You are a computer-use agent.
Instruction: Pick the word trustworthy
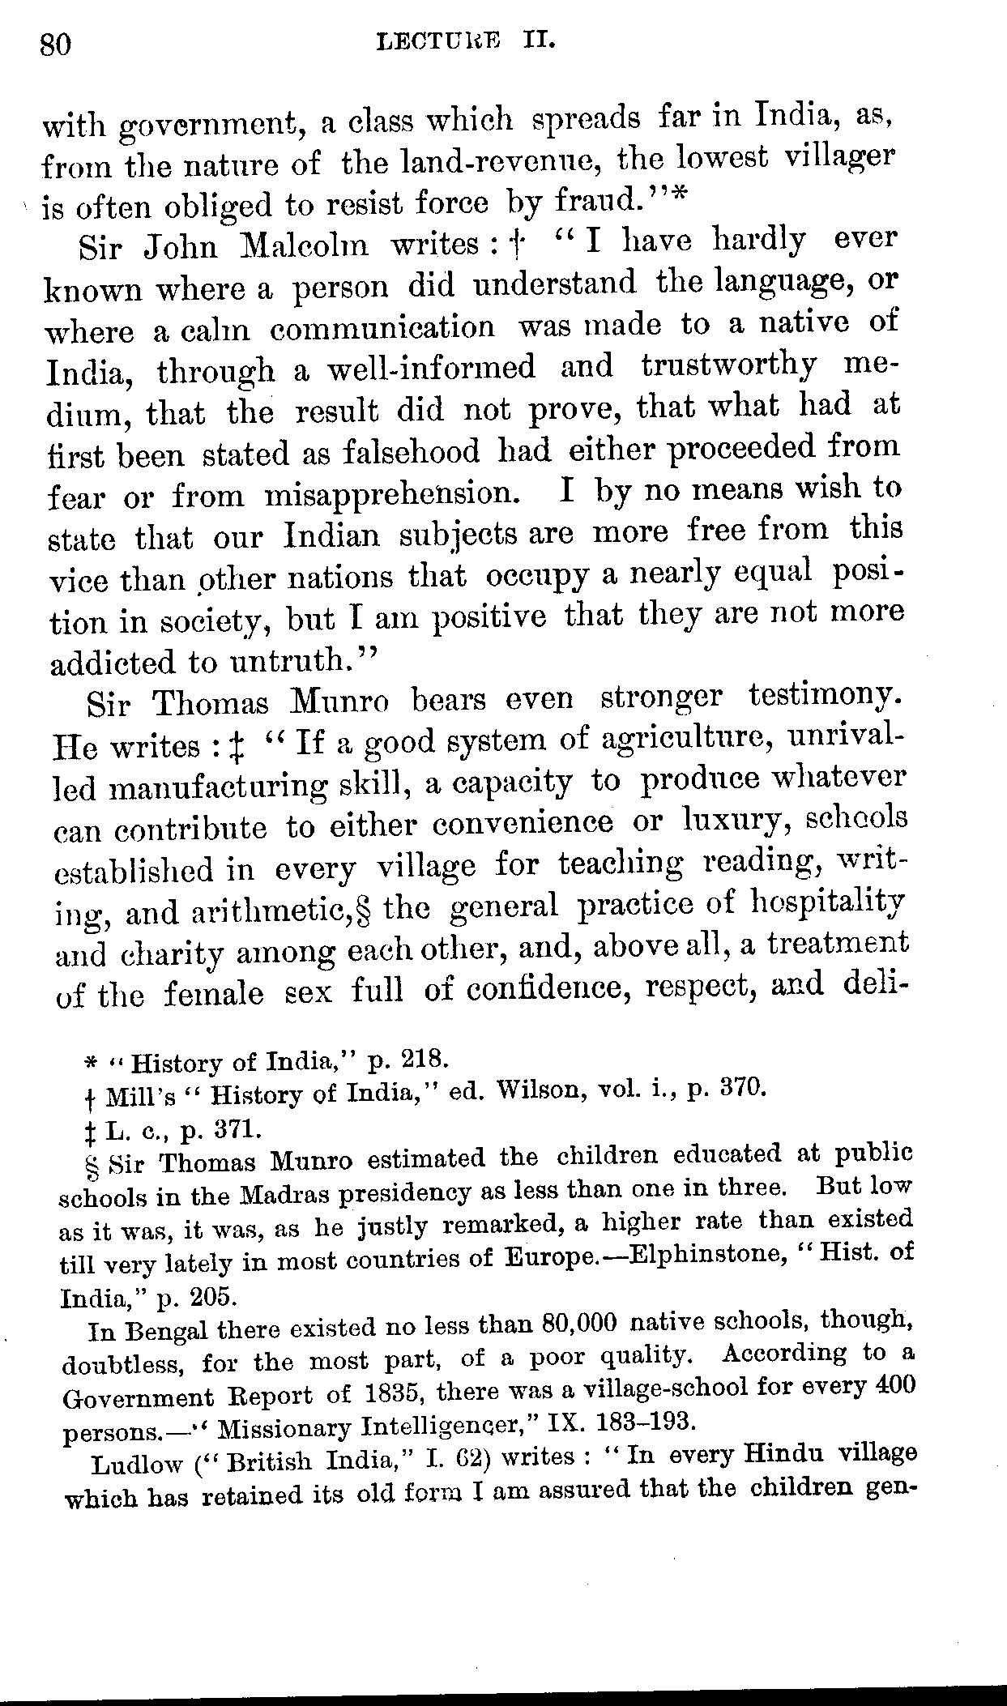click(x=728, y=366)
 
